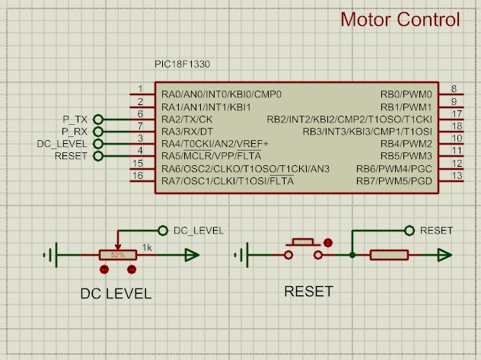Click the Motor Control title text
(x=400, y=20)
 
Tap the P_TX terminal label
(x=76, y=119)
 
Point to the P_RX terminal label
(x=76, y=132)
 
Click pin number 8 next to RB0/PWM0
(x=453, y=89)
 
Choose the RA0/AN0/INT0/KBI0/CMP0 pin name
(x=221, y=94)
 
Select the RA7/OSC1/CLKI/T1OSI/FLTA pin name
(x=228, y=180)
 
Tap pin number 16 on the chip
(x=137, y=176)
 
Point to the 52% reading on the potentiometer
(x=118, y=256)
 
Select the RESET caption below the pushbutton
(x=307, y=292)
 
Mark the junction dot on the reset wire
(x=353, y=256)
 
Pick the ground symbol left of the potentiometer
(x=54, y=256)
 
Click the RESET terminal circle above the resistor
(x=410, y=230)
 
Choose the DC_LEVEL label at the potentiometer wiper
(x=199, y=230)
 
